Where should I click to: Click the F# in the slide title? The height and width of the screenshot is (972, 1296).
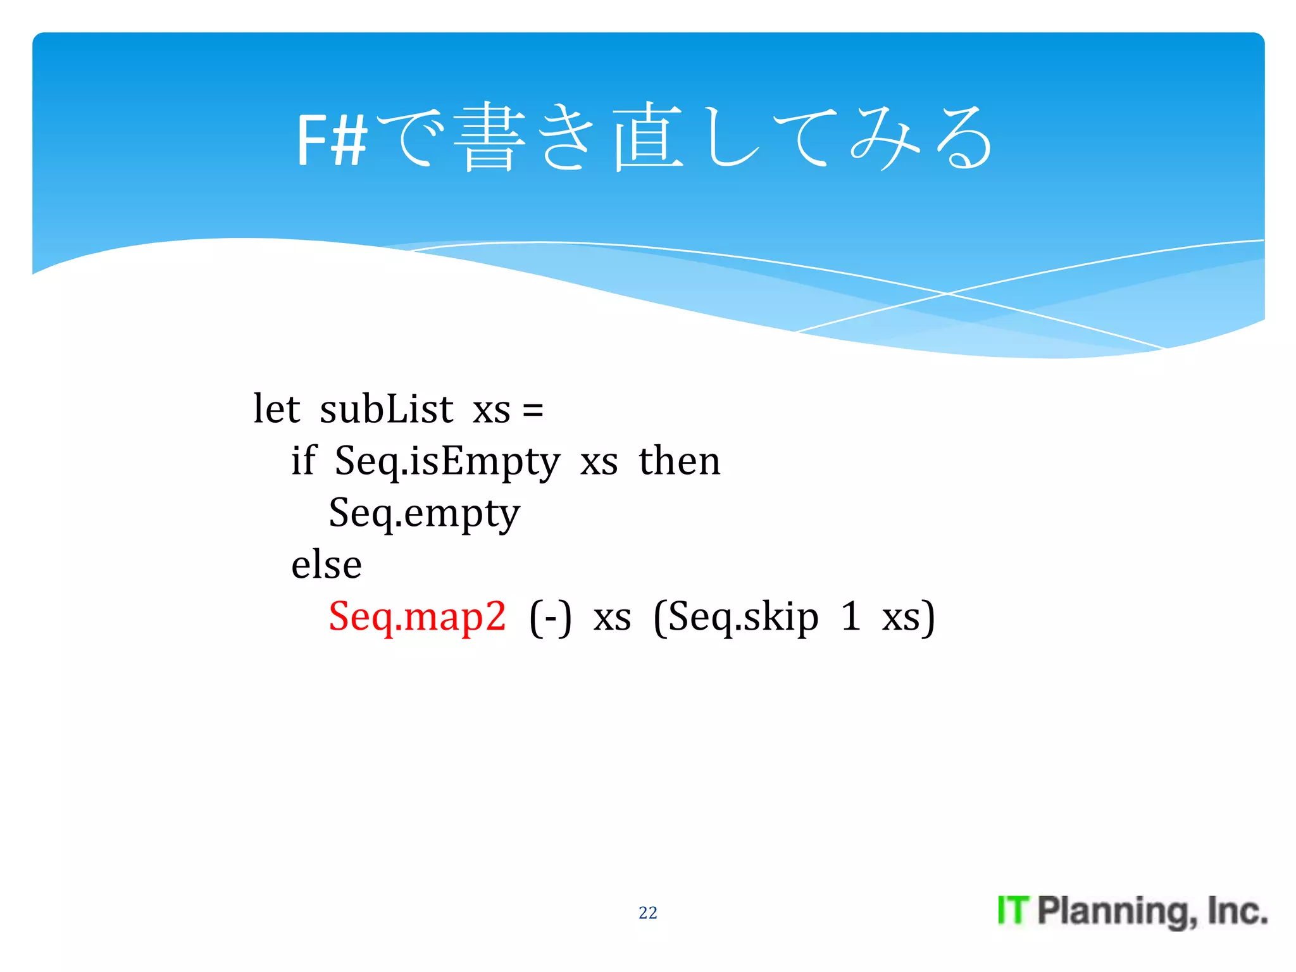[332, 140]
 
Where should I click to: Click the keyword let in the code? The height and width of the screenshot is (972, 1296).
[276, 409]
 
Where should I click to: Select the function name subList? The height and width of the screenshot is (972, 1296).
[386, 409]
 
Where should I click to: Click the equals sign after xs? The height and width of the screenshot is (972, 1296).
[533, 410]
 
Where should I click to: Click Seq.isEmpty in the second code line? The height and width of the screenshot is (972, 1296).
[447, 462]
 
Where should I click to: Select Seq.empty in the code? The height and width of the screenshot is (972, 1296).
[424, 513]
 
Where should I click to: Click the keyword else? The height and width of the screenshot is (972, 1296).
[326, 564]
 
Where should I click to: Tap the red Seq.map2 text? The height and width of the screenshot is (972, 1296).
[417, 617]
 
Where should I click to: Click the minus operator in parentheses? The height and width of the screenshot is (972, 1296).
[550, 618]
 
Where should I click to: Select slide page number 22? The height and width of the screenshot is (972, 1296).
[647, 913]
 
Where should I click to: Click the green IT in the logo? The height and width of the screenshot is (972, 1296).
[1013, 911]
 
